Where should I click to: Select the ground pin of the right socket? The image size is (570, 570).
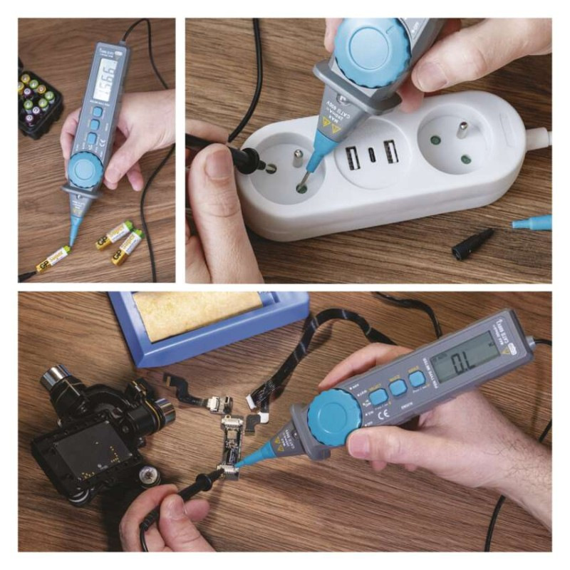[x=463, y=130]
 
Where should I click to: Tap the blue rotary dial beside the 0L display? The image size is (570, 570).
[x=335, y=420]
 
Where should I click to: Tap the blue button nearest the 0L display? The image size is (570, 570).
[x=417, y=379]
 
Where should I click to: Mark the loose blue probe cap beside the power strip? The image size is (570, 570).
[x=532, y=222]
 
